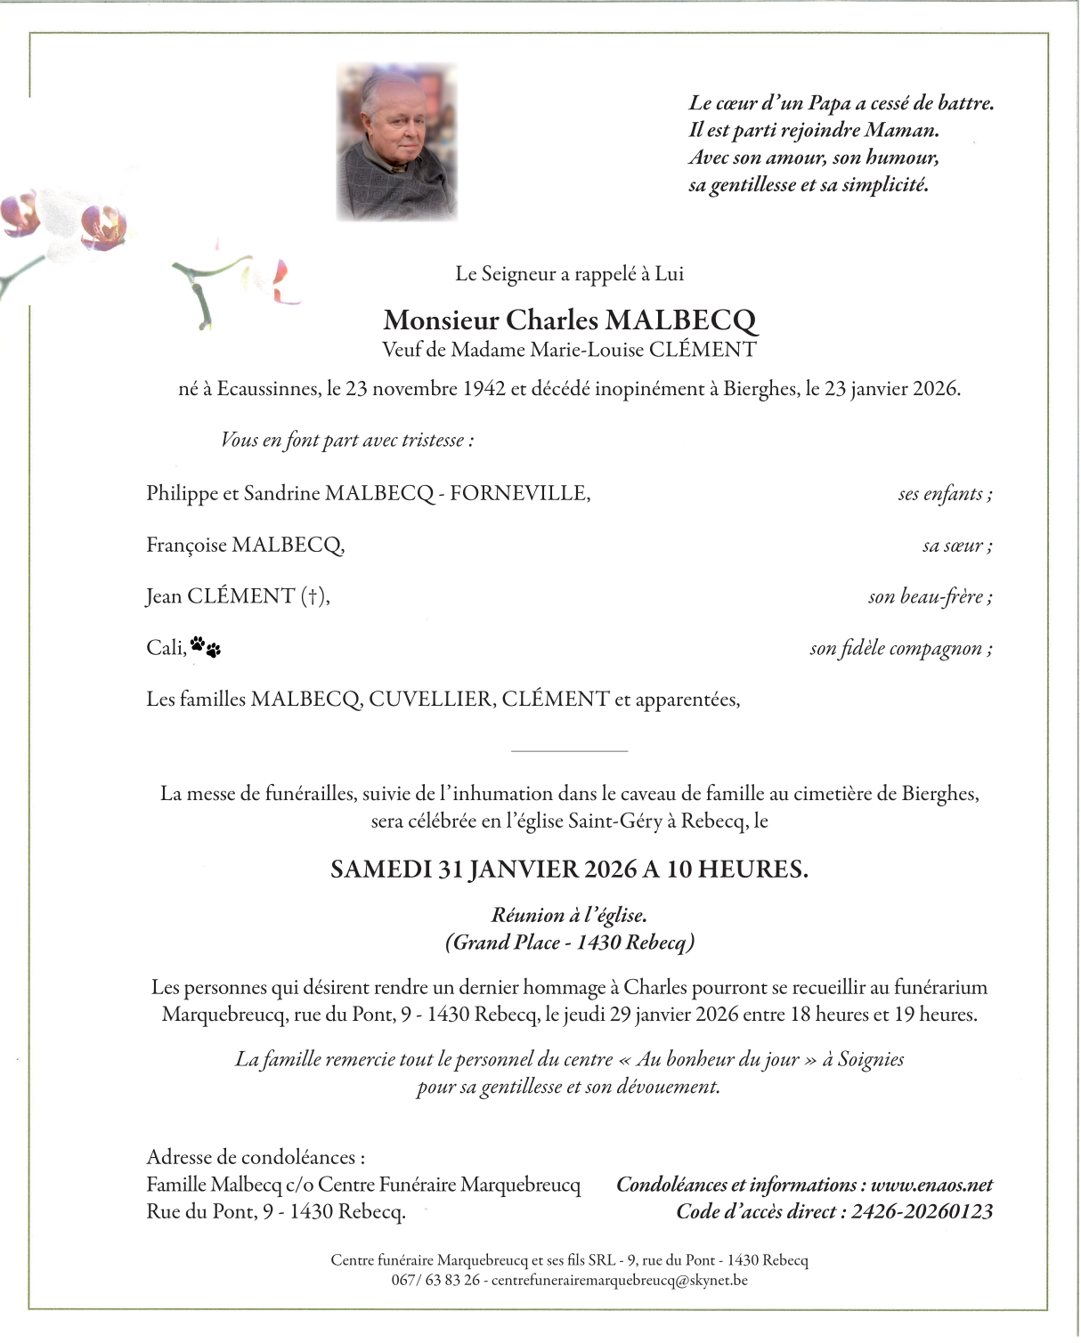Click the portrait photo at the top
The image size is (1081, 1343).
(396, 142)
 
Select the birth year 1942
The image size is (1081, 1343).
(484, 389)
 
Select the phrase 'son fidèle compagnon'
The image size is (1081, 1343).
(899, 648)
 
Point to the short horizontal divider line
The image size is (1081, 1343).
(570, 751)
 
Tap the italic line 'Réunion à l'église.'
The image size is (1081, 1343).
(570, 915)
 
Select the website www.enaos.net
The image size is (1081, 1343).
(931, 1185)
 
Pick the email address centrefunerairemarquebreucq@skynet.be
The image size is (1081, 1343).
(619, 1281)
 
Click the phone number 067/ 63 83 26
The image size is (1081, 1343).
(435, 1281)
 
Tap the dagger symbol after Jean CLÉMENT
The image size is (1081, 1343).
(313, 596)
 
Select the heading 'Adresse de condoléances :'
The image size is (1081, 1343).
(256, 1157)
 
